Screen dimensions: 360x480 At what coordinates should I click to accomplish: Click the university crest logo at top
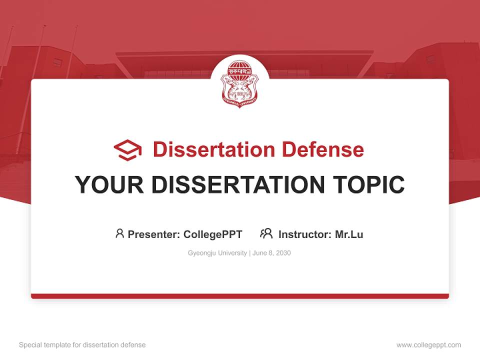(239, 83)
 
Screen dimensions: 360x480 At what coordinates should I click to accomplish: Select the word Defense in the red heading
(322, 149)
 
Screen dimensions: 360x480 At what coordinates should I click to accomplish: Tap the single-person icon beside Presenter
(119, 233)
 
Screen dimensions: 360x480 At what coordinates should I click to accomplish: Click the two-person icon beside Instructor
(266, 233)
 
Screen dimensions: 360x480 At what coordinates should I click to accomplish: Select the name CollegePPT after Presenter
(213, 234)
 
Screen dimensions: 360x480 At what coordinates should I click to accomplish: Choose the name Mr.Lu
(349, 234)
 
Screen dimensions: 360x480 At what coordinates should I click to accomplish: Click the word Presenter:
(154, 234)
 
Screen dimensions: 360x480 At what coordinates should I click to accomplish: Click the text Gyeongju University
(217, 253)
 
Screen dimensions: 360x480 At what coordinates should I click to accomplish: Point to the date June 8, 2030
(271, 253)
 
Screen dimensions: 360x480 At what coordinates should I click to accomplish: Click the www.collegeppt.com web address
(428, 345)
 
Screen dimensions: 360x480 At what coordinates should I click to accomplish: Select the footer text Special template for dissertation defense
(82, 345)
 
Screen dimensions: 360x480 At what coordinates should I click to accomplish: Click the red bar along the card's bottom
(239, 296)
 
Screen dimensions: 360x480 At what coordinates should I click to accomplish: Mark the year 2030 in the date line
(283, 253)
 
